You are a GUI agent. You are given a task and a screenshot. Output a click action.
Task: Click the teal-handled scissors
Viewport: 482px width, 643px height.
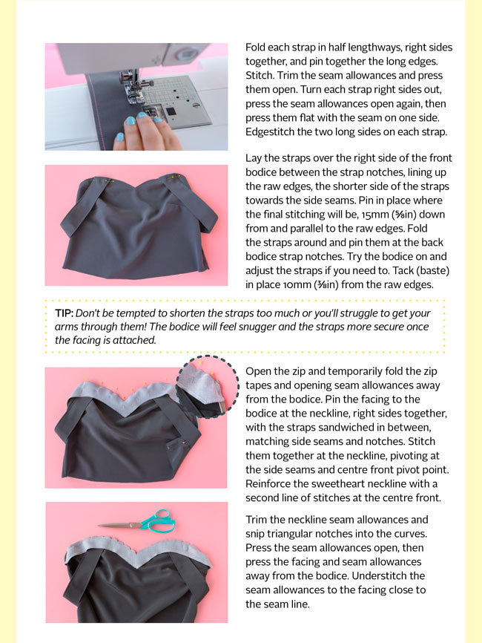click(x=140, y=523)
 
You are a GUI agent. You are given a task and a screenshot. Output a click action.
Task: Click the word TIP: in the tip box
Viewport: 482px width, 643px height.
click(x=65, y=313)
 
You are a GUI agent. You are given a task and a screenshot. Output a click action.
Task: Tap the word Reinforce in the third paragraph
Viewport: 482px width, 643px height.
click(x=268, y=484)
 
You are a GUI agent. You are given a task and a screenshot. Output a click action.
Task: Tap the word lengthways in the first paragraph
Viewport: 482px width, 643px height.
click(x=377, y=48)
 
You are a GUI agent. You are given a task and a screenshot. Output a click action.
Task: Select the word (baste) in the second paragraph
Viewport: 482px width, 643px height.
click(x=434, y=271)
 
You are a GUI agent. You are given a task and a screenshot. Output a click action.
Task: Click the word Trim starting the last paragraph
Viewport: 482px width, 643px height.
click(x=256, y=520)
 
